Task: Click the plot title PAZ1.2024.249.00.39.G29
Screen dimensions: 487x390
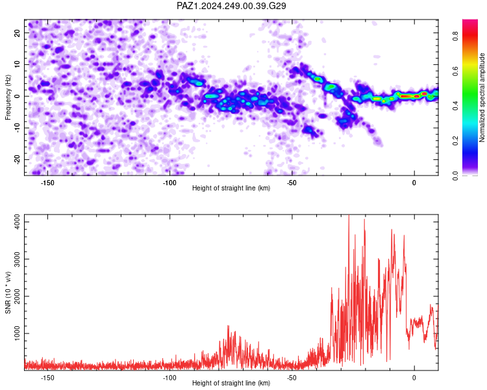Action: point(231,6)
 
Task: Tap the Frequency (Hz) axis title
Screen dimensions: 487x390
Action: point(8,97)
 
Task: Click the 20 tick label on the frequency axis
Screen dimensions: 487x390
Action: point(17,32)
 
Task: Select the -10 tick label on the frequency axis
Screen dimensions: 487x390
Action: point(17,128)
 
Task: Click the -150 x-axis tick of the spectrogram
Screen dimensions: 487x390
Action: point(47,183)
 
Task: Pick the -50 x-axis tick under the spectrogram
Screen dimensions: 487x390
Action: point(292,183)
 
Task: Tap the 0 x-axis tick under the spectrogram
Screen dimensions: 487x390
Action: point(414,183)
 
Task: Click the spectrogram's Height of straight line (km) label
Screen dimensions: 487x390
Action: point(231,188)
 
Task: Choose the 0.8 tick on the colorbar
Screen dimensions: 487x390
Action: point(455,37)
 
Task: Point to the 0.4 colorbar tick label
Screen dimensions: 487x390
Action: point(455,106)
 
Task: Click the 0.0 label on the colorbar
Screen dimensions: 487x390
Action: point(455,176)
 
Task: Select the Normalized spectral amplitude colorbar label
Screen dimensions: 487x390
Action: point(482,97)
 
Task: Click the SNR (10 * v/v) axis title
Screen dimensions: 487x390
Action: point(8,292)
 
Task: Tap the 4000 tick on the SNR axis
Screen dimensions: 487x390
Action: point(17,222)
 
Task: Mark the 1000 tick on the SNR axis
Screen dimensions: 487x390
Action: point(17,333)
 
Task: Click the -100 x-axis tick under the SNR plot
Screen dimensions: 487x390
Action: point(169,378)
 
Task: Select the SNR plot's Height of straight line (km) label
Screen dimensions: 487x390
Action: point(231,383)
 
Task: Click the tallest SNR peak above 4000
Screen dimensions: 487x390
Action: point(349,216)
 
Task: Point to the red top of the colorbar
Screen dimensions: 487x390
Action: point(470,22)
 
